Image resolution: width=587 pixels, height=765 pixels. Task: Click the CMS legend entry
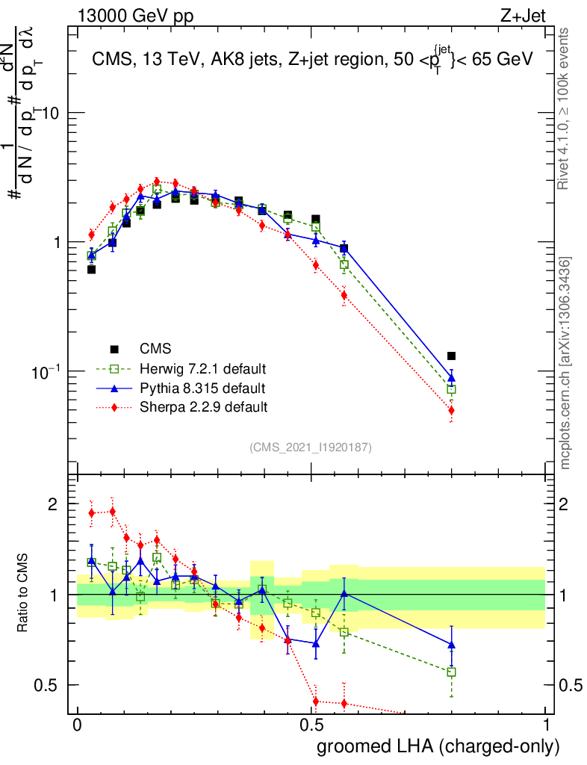point(155,349)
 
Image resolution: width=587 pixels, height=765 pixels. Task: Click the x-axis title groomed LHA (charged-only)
point(438,746)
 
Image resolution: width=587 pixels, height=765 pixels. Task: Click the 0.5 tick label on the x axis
point(311,725)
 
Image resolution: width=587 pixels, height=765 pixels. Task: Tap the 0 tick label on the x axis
point(77,725)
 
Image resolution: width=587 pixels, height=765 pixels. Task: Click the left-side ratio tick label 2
point(52,505)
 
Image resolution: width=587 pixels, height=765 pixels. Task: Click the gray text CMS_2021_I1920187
point(310,447)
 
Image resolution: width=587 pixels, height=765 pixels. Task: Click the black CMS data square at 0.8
point(451,356)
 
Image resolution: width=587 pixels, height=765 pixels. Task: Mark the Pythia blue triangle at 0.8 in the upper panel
point(451,377)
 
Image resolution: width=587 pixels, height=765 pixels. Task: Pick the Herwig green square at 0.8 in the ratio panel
point(451,672)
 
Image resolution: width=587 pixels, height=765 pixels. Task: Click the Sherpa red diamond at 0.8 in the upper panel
point(451,410)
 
